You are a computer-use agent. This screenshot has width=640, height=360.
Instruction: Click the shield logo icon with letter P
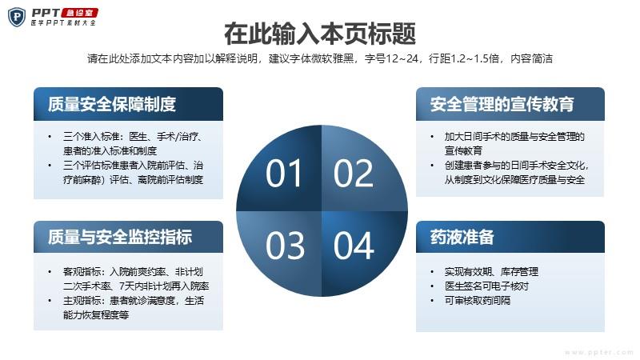pos(17,17)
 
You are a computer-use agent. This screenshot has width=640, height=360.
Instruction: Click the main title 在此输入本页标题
pos(320,34)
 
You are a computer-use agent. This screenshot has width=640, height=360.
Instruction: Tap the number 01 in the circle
pos(284,173)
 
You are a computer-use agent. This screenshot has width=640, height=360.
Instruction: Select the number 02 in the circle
pos(354,173)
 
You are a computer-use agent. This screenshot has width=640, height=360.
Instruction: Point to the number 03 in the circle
pos(285,246)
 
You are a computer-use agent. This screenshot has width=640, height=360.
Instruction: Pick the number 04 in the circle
pos(354,246)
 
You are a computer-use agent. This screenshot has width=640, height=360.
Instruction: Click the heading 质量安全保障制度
pos(112,104)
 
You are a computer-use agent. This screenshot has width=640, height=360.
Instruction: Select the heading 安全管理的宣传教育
pos(502,104)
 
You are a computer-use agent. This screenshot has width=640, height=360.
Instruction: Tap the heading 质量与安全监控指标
pos(120,237)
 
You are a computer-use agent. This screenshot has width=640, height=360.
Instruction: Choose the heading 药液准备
pos(462,237)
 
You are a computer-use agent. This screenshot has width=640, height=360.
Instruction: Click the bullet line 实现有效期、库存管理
pos(491,271)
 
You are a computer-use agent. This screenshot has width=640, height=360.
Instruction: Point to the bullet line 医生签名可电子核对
pos(486,286)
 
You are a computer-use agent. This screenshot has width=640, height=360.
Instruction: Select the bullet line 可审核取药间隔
pos(478,301)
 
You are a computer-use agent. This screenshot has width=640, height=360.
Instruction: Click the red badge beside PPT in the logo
pos(79,13)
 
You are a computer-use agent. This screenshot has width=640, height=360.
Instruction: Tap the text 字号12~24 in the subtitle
pos(391,58)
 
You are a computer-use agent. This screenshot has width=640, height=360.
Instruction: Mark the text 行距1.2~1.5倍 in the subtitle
pos(464,58)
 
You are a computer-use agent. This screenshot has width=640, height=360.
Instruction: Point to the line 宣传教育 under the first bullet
pos(463,150)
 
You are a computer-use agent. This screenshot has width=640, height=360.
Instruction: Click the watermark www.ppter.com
pos(598,352)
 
